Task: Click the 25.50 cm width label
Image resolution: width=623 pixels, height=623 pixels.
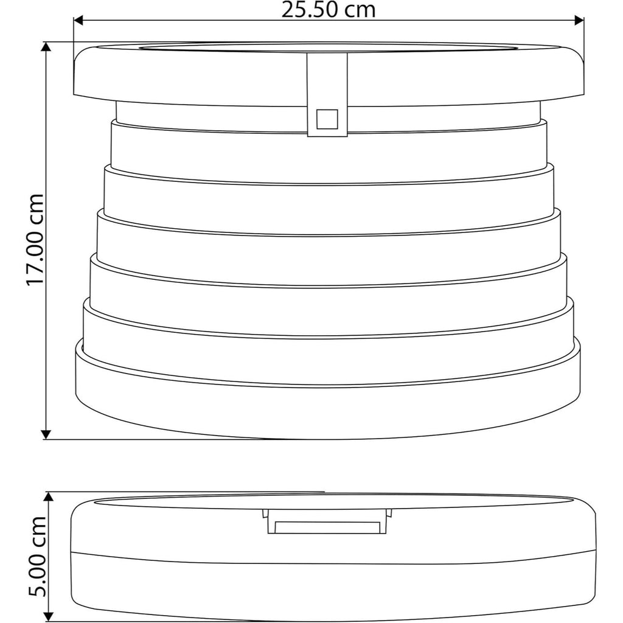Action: click(328, 10)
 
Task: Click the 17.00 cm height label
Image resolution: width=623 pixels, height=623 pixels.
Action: click(35, 240)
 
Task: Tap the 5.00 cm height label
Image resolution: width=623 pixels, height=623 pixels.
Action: click(37, 557)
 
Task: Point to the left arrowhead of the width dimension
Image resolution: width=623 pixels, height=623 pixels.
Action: click(78, 20)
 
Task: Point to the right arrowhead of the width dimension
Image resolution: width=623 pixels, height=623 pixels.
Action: click(579, 20)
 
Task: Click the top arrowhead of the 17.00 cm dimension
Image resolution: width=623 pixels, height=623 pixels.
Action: click(47, 47)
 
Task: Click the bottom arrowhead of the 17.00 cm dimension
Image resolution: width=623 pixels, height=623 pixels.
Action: click(47, 434)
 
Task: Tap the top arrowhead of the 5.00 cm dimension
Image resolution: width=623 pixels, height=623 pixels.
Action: click(48, 497)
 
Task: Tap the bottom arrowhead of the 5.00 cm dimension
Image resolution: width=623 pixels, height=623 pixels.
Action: click(48, 618)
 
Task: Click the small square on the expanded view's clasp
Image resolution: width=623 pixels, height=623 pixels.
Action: click(327, 119)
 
